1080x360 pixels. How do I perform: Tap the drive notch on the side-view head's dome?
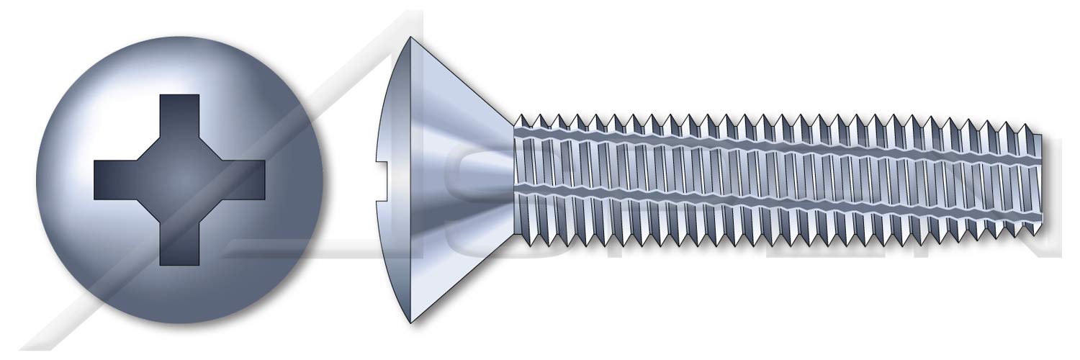tap(384, 179)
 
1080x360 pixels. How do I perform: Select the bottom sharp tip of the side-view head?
tap(411, 322)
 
